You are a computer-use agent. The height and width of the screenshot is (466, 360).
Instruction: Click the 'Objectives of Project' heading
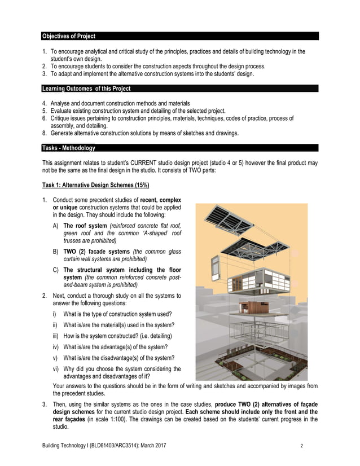(x=68, y=36)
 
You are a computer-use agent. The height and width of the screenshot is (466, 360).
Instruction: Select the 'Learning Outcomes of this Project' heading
(x=86, y=89)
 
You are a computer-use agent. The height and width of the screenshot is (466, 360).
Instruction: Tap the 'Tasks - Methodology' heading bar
(x=68, y=148)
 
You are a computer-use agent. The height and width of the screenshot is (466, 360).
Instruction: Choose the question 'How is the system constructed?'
(x=113, y=336)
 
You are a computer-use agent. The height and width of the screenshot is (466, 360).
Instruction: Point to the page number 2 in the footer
(x=302, y=446)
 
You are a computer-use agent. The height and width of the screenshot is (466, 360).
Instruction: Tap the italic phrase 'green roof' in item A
(x=77, y=233)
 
